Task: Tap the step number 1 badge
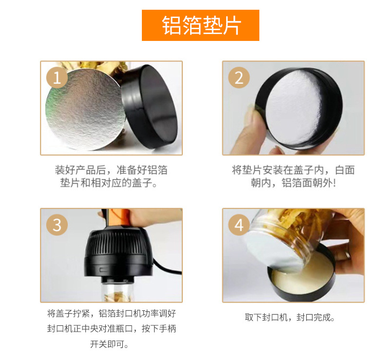pos(57,77)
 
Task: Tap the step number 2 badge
pos(238,77)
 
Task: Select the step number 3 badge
pos(57,225)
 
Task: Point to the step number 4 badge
pos(238,225)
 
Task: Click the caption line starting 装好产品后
pos(111,170)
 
